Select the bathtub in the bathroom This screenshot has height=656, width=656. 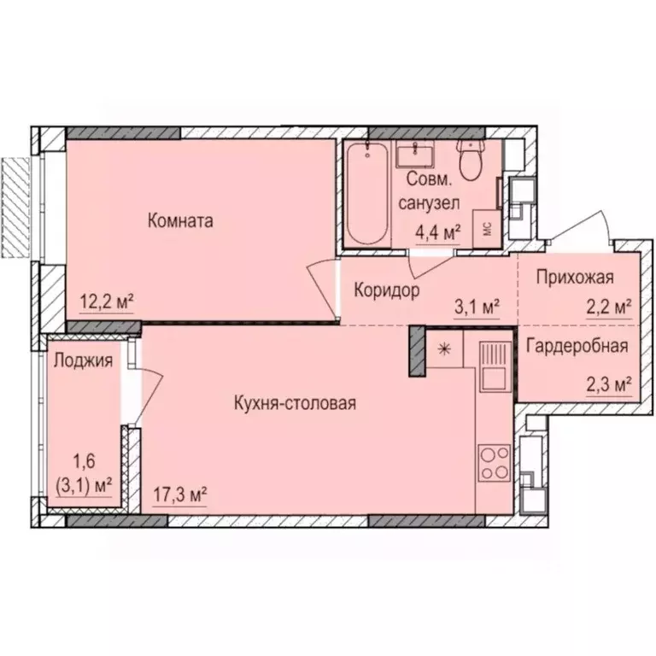[x=368, y=196]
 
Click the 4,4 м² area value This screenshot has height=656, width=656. [x=438, y=231]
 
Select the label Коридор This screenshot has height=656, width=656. [x=386, y=290]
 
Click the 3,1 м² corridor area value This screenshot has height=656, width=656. [x=476, y=305]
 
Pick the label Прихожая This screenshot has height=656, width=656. [x=575, y=277]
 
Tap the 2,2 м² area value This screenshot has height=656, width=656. [x=609, y=305]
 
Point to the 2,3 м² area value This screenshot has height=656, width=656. [x=609, y=384]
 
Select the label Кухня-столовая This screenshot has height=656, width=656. [x=294, y=403]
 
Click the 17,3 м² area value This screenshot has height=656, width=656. [x=180, y=493]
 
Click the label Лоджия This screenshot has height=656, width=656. [x=82, y=360]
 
